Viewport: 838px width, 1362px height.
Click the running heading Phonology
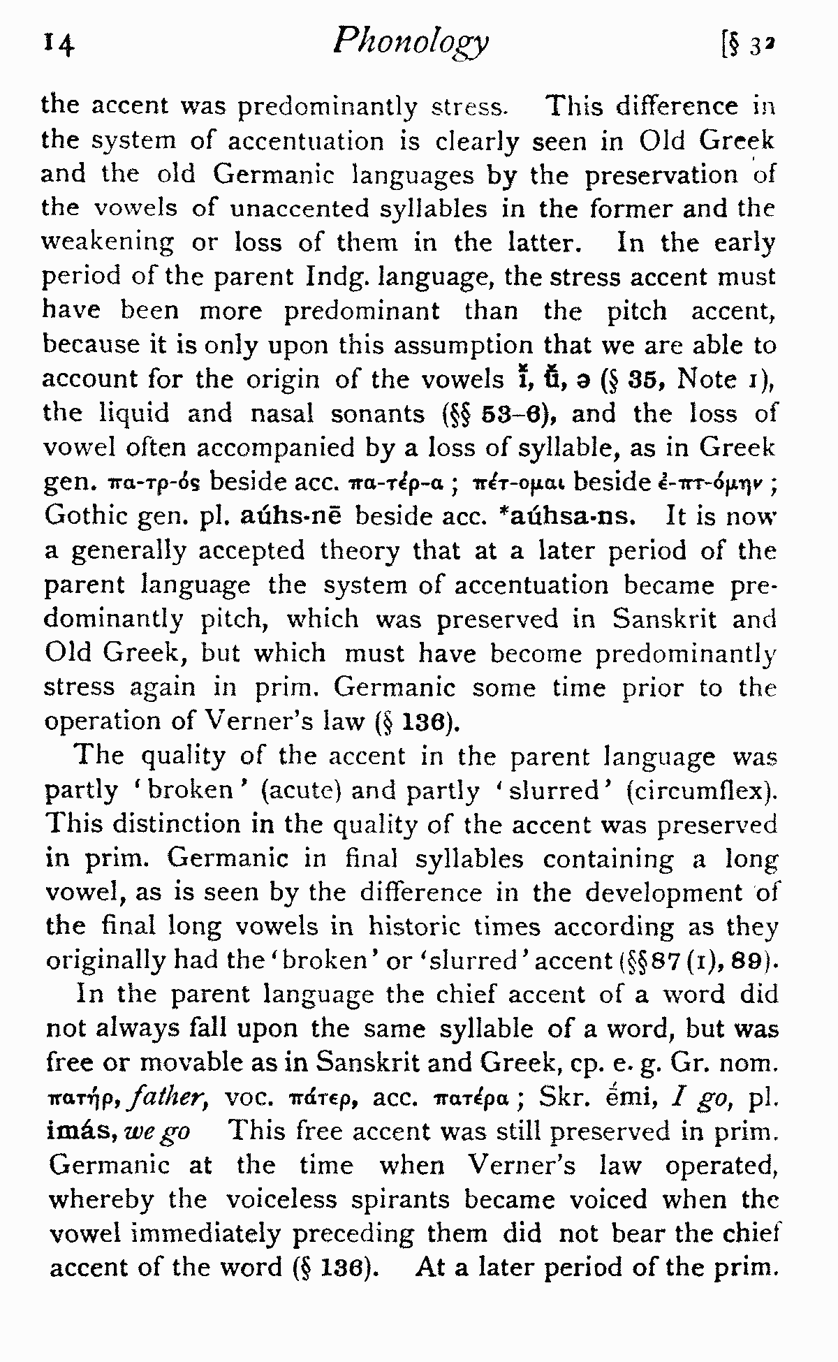(x=411, y=43)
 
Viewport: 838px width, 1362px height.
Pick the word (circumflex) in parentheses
(x=701, y=791)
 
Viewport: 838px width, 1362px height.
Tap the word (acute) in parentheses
(x=301, y=791)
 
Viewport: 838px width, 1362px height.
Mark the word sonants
(x=378, y=414)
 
